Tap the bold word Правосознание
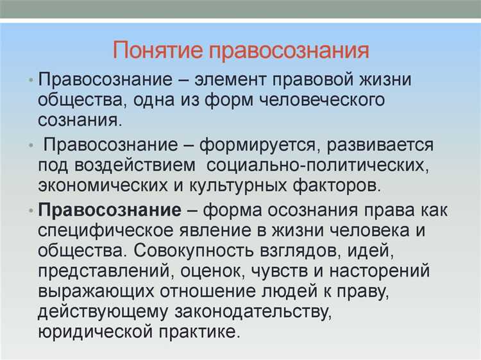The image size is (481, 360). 109,210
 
